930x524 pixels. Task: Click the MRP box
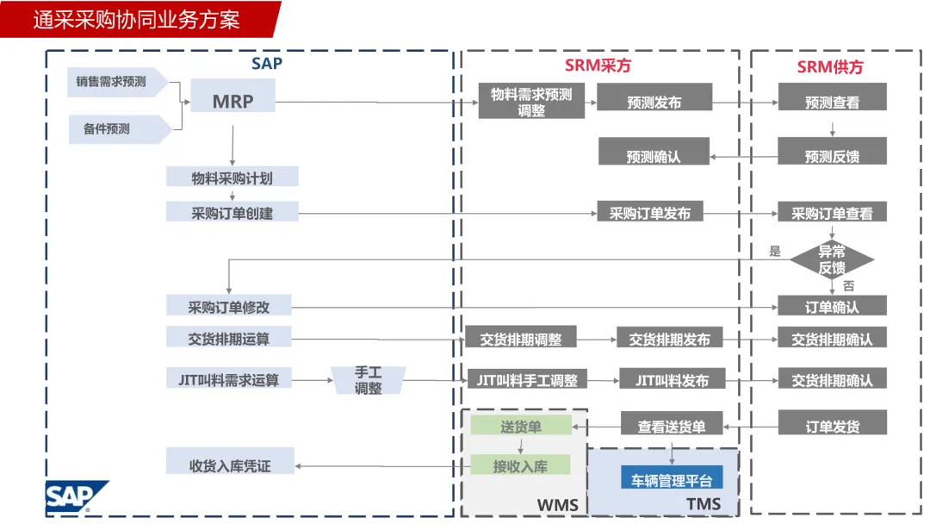tap(232, 101)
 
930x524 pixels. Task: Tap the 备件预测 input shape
tap(112, 128)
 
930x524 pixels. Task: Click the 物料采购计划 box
tap(232, 178)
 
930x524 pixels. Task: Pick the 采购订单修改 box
tap(229, 306)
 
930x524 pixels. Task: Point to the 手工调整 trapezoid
tap(369, 380)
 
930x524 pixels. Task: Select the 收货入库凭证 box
tap(230, 465)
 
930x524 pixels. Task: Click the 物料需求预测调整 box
tap(531, 102)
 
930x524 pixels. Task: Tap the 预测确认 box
tap(654, 156)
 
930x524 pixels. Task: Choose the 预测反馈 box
tap(832, 156)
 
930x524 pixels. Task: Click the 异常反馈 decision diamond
tap(832, 259)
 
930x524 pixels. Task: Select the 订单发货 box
tap(832, 426)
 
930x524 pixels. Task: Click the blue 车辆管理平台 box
tap(673, 480)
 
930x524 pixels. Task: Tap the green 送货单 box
tap(520, 426)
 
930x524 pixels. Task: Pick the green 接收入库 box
tap(520, 466)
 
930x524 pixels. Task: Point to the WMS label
tap(558, 504)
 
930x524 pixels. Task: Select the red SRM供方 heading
tap(830, 66)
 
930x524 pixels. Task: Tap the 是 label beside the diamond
tap(774, 252)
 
